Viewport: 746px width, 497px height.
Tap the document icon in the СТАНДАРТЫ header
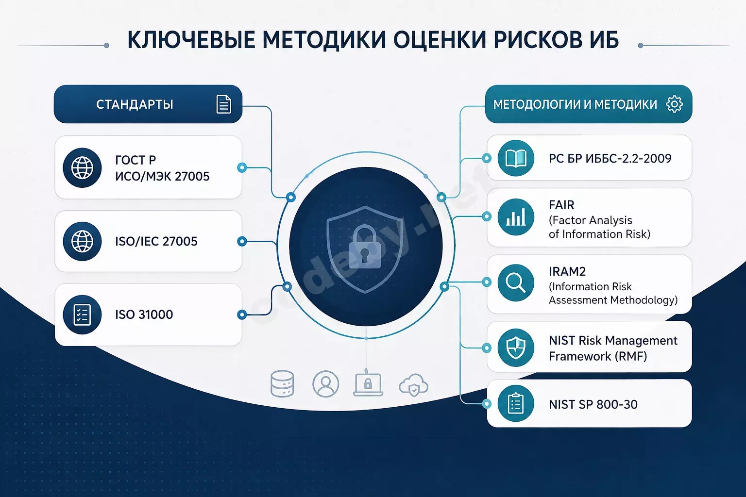tap(223, 104)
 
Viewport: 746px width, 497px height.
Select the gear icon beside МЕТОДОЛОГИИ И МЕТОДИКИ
tap(675, 104)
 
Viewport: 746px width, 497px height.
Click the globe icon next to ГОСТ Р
tap(82, 168)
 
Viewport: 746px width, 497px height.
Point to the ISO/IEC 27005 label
tap(156, 241)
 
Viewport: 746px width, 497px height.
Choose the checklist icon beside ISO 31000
tap(82, 315)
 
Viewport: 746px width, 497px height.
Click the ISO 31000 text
tap(144, 315)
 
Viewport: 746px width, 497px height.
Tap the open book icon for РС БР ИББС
tap(516, 158)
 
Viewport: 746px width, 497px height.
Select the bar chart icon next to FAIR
tap(516, 217)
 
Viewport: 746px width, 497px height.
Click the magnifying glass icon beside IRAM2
tap(515, 283)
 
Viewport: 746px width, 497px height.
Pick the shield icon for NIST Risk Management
tap(516, 348)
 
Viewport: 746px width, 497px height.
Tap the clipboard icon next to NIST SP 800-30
tap(516, 404)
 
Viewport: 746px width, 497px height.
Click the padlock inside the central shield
tap(365, 247)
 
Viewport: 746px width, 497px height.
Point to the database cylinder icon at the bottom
tap(282, 384)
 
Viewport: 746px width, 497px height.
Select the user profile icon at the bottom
tap(326, 384)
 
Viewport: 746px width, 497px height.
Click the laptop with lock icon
tap(368, 384)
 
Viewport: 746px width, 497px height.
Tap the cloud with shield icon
tap(413, 385)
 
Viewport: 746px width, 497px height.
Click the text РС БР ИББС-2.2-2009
tap(610, 158)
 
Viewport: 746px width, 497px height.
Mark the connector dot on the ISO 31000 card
tap(242, 314)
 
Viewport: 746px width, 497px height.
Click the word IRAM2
tap(567, 272)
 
